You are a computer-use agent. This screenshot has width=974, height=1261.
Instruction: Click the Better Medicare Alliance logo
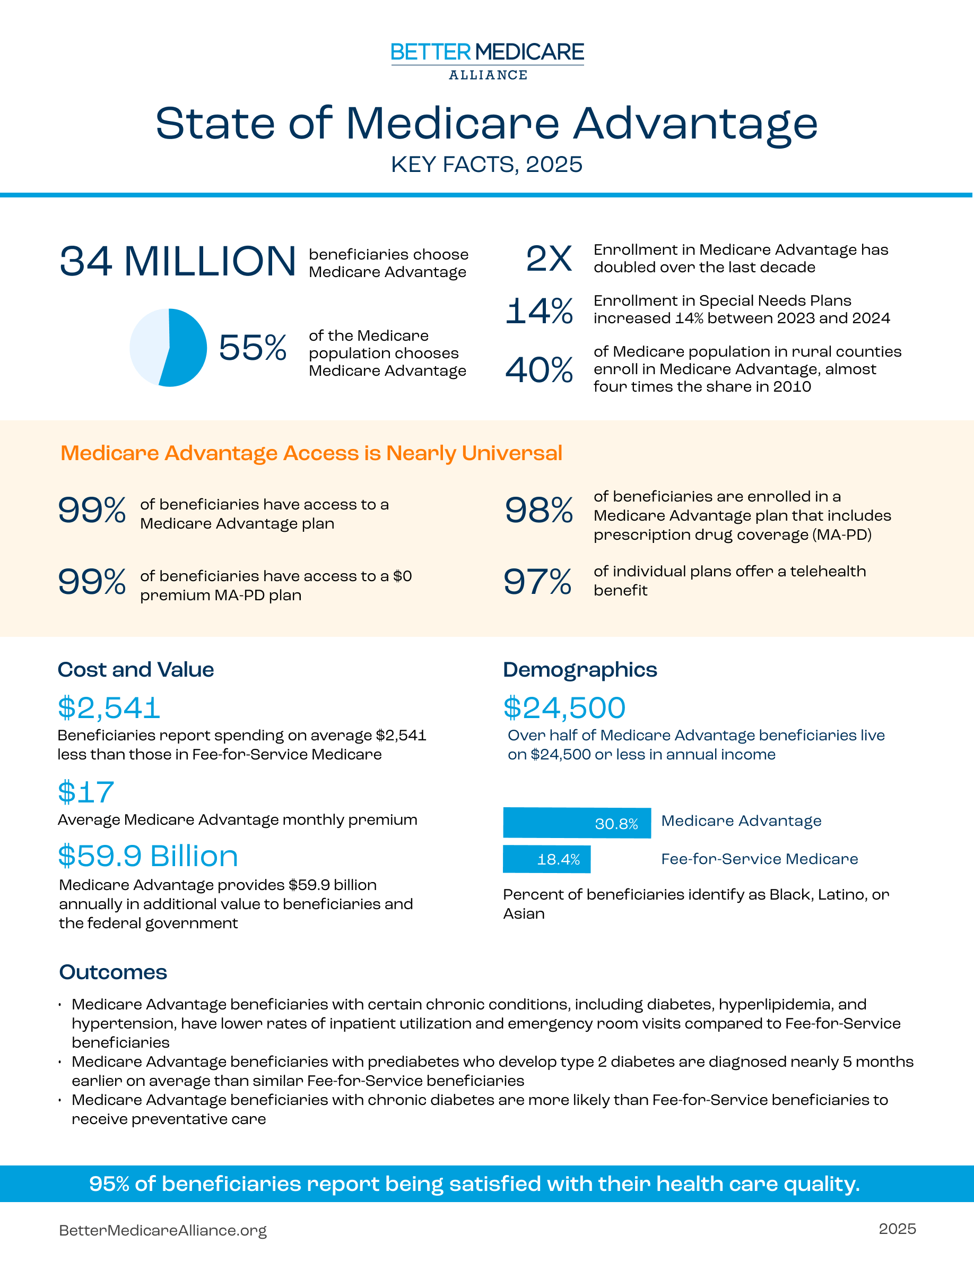click(x=487, y=60)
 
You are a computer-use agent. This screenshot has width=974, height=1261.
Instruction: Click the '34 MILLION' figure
click(x=178, y=262)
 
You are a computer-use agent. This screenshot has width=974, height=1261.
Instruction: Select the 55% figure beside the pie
click(x=252, y=348)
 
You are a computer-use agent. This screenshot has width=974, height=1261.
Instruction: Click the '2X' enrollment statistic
click(x=549, y=258)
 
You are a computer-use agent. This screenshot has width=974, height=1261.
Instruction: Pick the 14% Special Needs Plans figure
click(x=539, y=310)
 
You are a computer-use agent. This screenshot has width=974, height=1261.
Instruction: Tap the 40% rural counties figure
click(x=539, y=369)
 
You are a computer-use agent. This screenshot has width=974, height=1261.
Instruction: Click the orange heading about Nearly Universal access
click(x=311, y=453)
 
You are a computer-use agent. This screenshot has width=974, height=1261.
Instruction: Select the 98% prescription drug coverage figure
click(x=539, y=511)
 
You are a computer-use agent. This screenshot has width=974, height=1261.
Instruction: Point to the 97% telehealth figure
click(x=537, y=582)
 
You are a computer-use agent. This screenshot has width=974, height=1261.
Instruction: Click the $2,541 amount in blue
click(x=109, y=708)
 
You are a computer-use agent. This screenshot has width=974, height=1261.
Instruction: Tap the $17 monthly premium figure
click(x=86, y=792)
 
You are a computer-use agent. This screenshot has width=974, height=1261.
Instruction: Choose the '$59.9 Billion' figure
click(x=147, y=856)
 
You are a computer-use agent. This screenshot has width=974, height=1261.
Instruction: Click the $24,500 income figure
click(x=564, y=708)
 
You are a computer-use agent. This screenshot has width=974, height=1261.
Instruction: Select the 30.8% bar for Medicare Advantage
click(x=577, y=823)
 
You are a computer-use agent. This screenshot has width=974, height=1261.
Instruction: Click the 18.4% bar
click(x=546, y=859)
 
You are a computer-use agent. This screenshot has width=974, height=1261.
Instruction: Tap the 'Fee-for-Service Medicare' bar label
click(x=759, y=859)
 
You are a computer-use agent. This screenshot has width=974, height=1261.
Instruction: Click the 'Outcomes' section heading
click(x=113, y=972)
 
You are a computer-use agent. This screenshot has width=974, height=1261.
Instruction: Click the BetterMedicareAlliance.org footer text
click(x=163, y=1230)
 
